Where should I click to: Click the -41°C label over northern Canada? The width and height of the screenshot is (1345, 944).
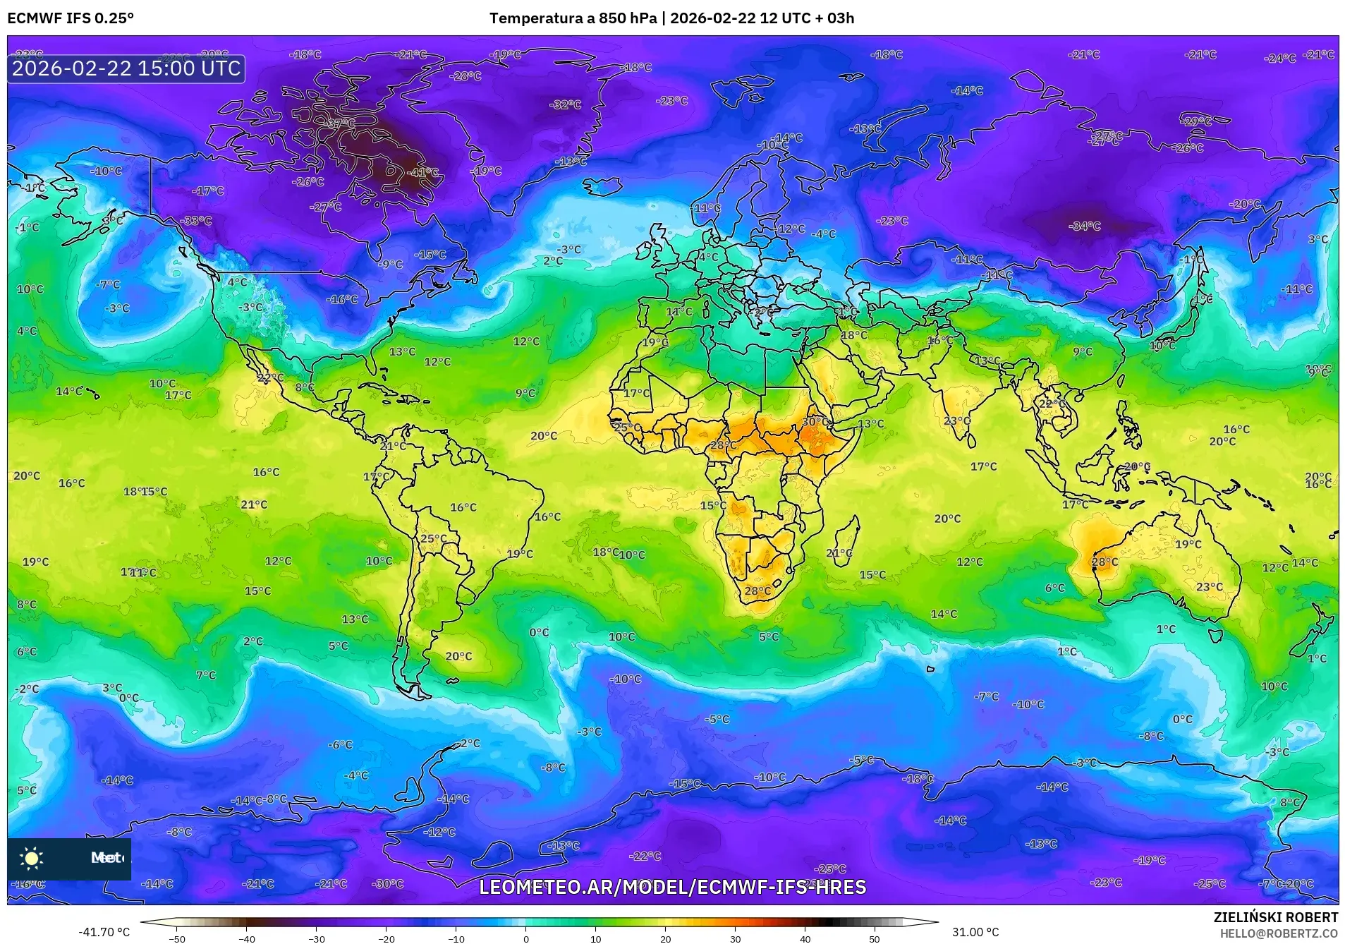pyautogui.click(x=423, y=172)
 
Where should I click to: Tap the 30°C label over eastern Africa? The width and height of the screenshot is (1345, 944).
pyautogui.click(x=815, y=422)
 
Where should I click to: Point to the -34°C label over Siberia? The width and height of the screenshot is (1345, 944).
pyautogui.click(x=1084, y=226)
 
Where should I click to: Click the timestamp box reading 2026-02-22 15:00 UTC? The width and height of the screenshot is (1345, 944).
pyautogui.click(x=126, y=68)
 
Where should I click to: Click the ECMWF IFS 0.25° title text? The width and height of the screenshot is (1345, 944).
pyautogui.click(x=71, y=18)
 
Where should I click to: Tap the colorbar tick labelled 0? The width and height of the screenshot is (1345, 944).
pyautogui.click(x=525, y=938)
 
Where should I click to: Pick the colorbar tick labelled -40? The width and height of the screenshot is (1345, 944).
pyautogui.click(x=246, y=938)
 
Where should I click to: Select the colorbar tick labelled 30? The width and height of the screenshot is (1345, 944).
pyautogui.click(x=736, y=938)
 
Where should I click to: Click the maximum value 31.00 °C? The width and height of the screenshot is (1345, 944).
pyautogui.click(x=975, y=932)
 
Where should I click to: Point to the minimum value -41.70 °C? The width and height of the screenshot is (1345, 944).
pyautogui.click(x=104, y=932)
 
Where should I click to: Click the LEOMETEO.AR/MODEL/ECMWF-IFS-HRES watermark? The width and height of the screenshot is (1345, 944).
pyautogui.click(x=672, y=888)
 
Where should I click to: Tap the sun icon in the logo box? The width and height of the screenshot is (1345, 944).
pyautogui.click(x=32, y=858)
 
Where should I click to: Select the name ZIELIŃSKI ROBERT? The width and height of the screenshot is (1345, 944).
pyautogui.click(x=1275, y=917)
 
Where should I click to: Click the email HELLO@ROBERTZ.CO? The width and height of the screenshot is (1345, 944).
pyautogui.click(x=1279, y=933)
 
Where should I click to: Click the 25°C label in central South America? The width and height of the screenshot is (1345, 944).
pyautogui.click(x=433, y=539)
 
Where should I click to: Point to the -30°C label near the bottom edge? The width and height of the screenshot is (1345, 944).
pyautogui.click(x=387, y=884)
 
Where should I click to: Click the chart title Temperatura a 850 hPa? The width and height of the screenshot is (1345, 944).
pyautogui.click(x=573, y=18)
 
